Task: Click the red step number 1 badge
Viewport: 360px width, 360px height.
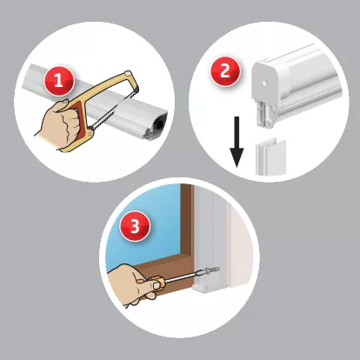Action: coord(59,81)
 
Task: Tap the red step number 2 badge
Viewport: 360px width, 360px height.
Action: coord(225,71)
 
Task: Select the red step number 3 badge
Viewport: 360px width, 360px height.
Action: coord(135,226)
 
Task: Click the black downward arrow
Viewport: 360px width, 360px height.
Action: coord(237,142)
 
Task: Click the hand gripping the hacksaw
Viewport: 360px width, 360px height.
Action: coord(59,123)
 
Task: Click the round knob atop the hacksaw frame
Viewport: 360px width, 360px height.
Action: coord(127,74)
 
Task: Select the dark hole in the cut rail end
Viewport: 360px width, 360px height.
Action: coord(160,123)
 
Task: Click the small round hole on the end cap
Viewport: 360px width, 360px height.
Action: coord(264,83)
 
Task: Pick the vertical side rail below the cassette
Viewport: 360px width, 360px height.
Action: coord(270,157)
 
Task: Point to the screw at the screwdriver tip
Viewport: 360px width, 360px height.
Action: coord(213,270)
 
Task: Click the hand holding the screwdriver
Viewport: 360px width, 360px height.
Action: coord(134,285)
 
